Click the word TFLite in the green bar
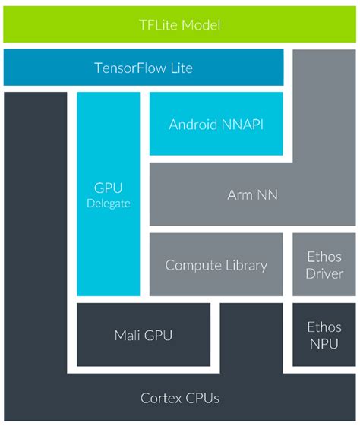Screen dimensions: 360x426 pyautogui.click(x=159, y=25)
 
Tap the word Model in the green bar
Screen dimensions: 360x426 pyautogui.click(x=201, y=25)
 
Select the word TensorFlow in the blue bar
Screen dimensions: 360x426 pyautogui.click(x=130, y=68)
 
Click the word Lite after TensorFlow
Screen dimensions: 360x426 pyautogui.click(x=182, y=68)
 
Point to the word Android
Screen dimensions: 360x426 pyautogui.click(x=193, y=125)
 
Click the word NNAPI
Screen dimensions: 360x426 pyautogui.click(x=242, y=125)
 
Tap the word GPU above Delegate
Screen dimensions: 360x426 pyautogui.click(x=108, y=188)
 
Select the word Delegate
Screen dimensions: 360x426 pyautogui.click(x=109, y=204)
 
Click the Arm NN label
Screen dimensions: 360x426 pyautogui.click(x=252, y=195)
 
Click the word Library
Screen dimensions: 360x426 pyautogui.click(x=246, y=265)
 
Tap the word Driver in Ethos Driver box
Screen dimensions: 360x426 pyautogui.click(x=324, y=273)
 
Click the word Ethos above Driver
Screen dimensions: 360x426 pyautogui.click(x=324, y=257)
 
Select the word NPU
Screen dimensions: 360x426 pyautogui.click(x=324, y=344)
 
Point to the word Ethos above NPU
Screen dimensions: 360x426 pyautogui.click(x=324, y=327)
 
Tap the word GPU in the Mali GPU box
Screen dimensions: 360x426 pyautogui.click(x=158, y=335)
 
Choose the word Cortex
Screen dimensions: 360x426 pyautogui.click(x=161, y=399)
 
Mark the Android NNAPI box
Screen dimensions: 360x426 pyautogui.click(x=216, y=124)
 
